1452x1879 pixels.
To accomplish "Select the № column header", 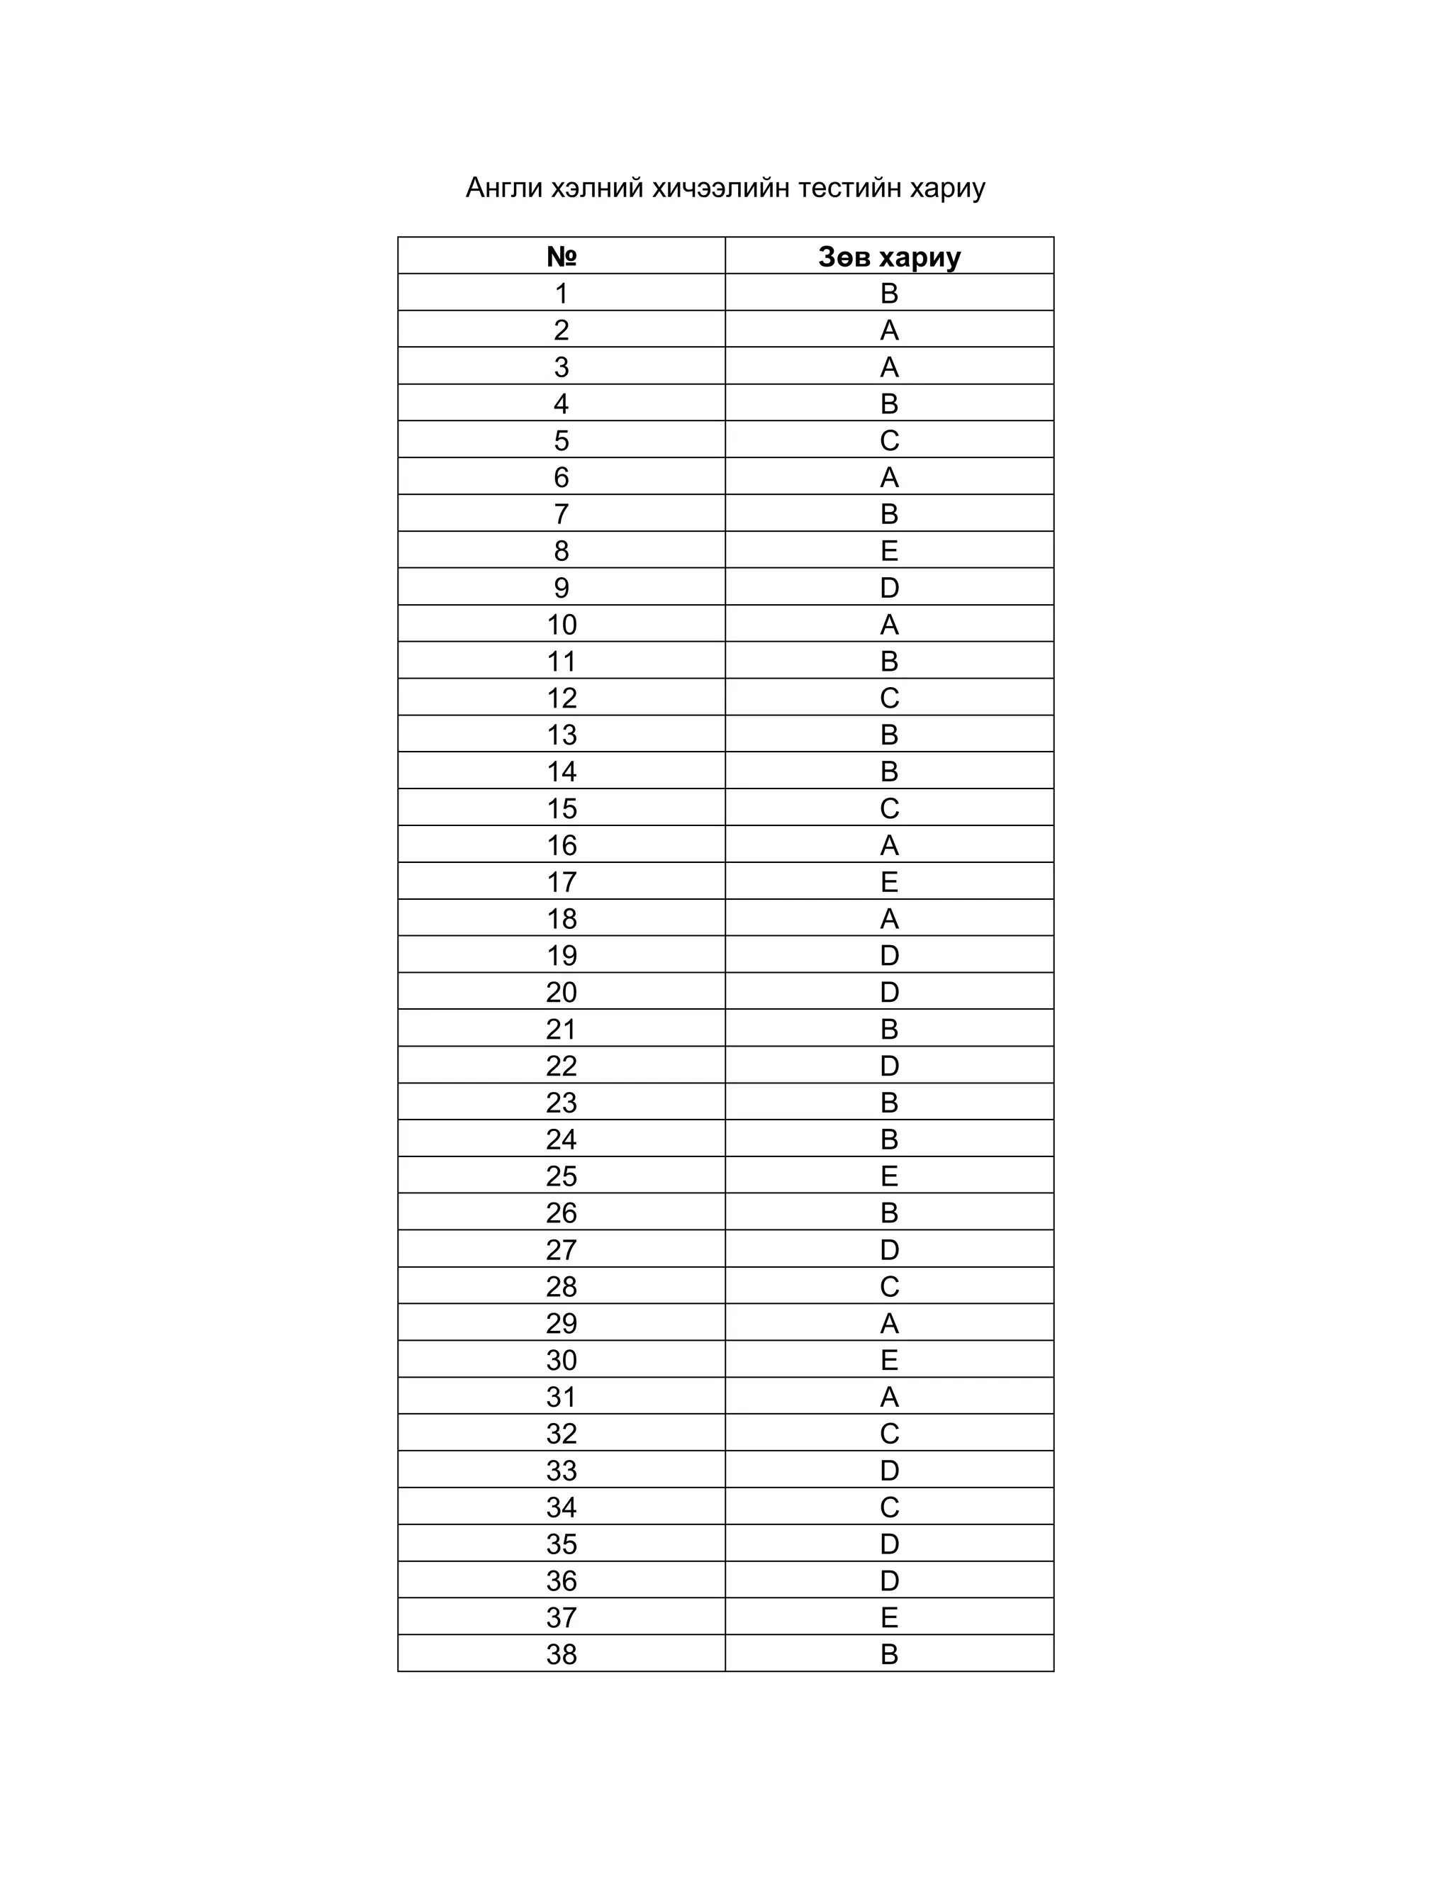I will click(x=561, y=257).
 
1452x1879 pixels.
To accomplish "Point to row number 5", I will click(x=561, y=440).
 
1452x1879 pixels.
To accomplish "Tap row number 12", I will click(x=561, y=698).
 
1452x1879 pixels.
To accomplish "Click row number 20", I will click(x=561, y=992).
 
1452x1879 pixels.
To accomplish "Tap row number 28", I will click(x=561, y=1286).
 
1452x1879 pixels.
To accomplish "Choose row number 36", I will click(x=561, y=1580).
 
